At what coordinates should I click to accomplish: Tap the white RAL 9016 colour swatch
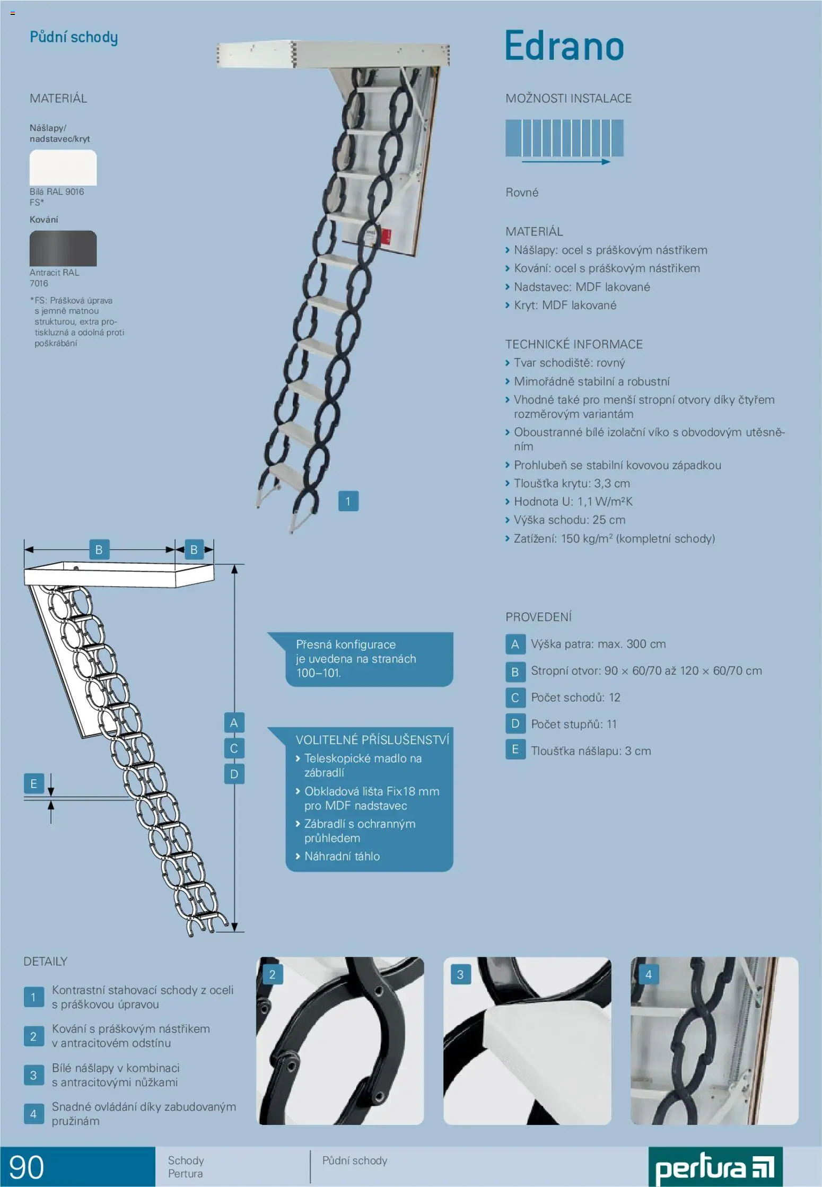[x=63, y=168]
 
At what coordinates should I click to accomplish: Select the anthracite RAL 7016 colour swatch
[x=63, y=248]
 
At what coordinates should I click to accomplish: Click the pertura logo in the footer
[x=715, y=1168]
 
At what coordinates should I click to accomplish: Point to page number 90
[x=27, y=1167]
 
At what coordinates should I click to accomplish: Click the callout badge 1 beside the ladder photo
[x=348, y=501]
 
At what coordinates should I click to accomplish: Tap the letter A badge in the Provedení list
[x=515, y=644]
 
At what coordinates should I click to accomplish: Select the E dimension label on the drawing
[x=33, y=783]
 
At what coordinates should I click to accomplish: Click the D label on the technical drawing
[x=234, y=774]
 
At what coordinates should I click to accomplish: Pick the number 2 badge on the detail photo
[x=272, y=974]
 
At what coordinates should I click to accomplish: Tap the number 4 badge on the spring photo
[x=648, y=974]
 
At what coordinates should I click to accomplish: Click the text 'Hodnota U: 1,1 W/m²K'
[x=573, y=502]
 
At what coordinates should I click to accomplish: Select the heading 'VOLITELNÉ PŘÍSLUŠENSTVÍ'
[x=372, y=740]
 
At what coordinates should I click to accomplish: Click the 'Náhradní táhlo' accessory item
[x=342, y=856]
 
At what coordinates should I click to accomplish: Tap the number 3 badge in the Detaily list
[x=33, y=1075]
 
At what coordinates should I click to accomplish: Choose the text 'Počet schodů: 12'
[x=575, y=697]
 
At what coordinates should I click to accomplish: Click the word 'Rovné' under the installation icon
[x=522, y=193]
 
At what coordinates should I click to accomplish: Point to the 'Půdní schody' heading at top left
[x=74, y=37]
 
